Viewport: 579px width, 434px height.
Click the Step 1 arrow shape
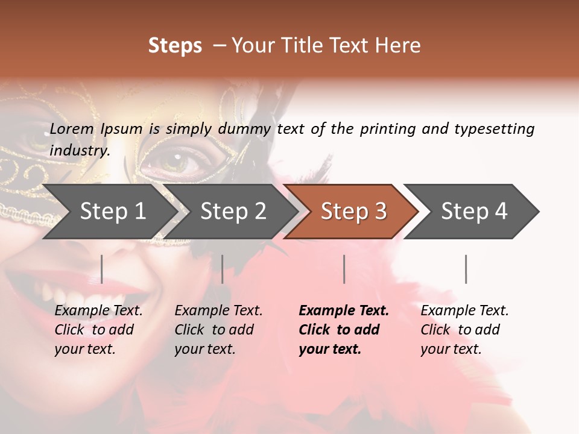109,212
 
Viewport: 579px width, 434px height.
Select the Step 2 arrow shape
232,212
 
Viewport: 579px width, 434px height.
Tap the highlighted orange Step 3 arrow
352,212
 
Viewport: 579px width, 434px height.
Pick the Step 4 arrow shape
473,212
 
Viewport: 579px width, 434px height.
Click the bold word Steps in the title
175,46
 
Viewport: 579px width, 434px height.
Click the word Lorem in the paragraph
72,128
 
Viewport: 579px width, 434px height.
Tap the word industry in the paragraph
79,150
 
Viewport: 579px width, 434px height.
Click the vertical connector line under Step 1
102,269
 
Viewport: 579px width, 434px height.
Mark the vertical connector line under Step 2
223,269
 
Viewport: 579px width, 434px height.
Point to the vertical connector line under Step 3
344,269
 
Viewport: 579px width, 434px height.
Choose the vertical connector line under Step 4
466,269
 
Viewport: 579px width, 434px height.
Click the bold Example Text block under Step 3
344,330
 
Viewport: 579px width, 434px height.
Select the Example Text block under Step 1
98,330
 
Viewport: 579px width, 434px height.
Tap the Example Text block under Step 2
218,330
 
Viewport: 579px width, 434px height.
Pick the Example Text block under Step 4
464,330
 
